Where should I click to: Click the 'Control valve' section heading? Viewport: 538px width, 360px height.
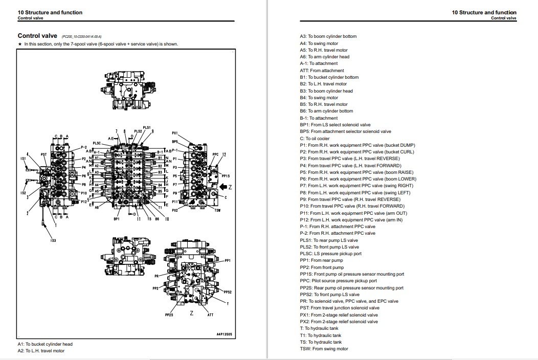[38, 36]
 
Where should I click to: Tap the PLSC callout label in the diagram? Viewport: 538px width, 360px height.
[97, 143]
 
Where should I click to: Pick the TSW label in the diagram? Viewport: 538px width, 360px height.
[217, 210]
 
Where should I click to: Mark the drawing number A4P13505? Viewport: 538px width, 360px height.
[223, 334]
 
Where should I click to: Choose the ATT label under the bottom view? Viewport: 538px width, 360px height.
[210, 315]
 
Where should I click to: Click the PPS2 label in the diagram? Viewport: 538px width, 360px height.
[228, 292]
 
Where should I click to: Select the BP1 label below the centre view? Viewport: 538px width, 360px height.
[117, 219]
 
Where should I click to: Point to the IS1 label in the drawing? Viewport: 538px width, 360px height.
[23, 159]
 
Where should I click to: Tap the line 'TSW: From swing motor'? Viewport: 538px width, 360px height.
[324, 349]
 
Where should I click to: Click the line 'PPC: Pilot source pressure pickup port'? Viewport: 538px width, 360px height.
[338, 281]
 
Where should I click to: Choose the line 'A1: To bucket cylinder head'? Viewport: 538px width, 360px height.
[45, 344]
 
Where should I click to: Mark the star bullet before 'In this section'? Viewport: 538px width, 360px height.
[19, 44]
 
